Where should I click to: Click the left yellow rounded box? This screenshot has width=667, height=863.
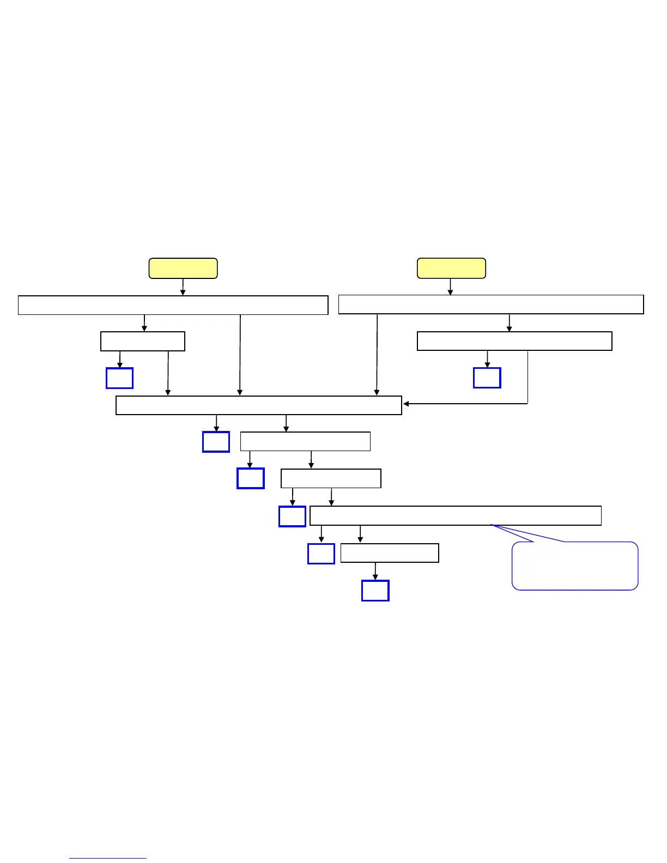pos(183,269)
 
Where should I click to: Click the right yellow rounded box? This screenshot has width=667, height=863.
pos(451,269)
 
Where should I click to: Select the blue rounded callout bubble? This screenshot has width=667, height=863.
pos(575,566)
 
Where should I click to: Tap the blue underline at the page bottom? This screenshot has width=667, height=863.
pos(108,858)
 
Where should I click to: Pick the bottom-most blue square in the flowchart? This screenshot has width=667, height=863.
pos(375,591)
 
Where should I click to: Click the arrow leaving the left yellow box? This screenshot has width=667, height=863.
pos(183,287)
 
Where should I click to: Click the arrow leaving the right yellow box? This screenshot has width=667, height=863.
pos(450,287)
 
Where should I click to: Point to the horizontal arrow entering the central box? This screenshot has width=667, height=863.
pos(463,404)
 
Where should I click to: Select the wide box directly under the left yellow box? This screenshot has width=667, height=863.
pos(173,305)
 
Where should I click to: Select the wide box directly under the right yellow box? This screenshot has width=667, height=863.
pos(491,305)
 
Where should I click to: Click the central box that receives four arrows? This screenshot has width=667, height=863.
pos(259,405)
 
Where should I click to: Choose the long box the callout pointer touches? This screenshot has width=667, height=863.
pos(456,515)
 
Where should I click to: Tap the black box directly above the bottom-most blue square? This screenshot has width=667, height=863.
pos(390,553)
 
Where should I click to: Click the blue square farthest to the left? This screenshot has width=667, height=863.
pos(120,378)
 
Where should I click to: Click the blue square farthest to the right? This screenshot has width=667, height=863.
pos(487,378)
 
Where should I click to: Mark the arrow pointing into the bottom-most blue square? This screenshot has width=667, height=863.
pos(375,572)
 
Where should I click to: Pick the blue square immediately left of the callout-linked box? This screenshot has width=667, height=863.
pos(292,516)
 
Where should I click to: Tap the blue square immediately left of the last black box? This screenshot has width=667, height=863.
pos(321,554)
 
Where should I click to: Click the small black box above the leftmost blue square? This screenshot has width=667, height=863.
pos(143,342)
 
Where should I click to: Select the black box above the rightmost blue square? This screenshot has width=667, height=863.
pos(514,341)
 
